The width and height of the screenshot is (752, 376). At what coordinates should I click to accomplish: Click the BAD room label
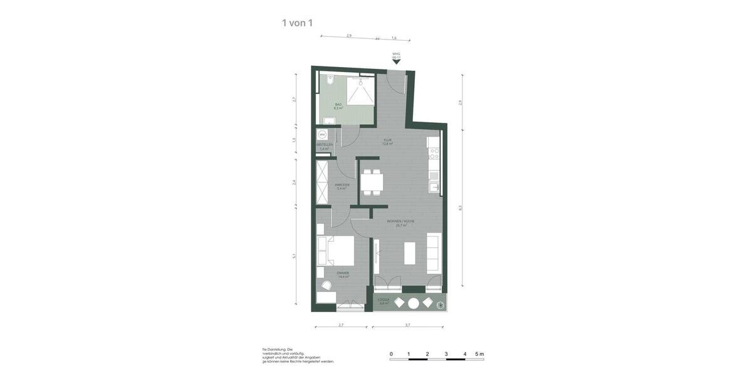tap(338, 106)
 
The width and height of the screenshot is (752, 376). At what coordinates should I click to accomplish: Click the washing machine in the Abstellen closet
tap(322, 134)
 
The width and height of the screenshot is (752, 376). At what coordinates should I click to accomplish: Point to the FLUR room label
tap(387, 142)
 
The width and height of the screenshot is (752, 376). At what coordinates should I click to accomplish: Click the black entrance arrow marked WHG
tap(396, 61)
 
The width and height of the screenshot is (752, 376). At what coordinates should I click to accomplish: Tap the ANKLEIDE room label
tap(342, 186)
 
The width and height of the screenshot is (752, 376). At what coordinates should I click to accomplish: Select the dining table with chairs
tap(372, 182)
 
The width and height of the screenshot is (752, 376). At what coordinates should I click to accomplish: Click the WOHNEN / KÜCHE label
tap(401, 223)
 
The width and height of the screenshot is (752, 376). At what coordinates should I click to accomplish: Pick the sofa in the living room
tap(434, 252)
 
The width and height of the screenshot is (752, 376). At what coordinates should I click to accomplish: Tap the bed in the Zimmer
tap(335, 251)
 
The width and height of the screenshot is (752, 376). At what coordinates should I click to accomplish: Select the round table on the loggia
tap(414, 303)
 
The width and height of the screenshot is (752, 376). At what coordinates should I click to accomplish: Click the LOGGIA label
tap(384, 301)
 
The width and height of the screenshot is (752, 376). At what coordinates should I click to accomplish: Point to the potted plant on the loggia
tap(442, 305)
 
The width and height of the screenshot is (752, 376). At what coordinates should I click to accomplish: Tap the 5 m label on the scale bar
tap(479, 354)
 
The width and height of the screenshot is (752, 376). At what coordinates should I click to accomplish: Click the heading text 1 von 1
tap(297, 23)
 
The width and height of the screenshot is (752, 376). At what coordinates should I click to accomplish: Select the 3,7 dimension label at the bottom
tap(407, 325)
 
